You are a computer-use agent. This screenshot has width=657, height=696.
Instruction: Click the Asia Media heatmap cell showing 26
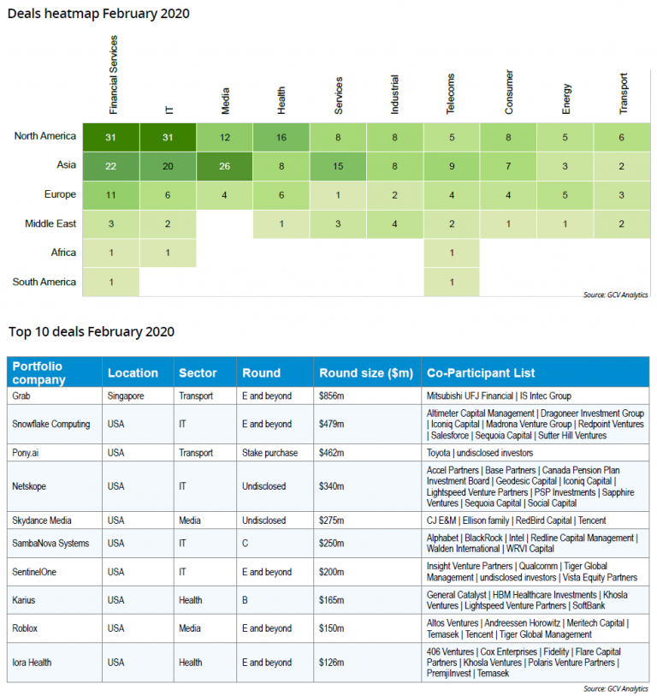(225, 165)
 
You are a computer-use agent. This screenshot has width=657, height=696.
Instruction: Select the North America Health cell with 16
(281, 136)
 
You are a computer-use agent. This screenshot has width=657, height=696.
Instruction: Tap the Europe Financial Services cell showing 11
(111, 194)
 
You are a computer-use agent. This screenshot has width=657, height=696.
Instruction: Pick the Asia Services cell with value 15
(338, 165)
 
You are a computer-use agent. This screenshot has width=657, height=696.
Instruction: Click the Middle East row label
(44, 223)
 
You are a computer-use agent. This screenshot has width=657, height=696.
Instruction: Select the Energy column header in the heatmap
(566, 98)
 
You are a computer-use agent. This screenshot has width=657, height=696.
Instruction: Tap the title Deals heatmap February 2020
(98, 14)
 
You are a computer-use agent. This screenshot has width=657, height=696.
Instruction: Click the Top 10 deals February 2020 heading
(92, 331)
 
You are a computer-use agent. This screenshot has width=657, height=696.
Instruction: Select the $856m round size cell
(334, 396)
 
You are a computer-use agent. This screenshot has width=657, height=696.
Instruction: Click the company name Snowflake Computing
(50, 424)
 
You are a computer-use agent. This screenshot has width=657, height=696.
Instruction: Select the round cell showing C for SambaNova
(246, 543)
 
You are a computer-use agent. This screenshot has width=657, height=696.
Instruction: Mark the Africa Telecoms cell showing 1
(451, 253)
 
